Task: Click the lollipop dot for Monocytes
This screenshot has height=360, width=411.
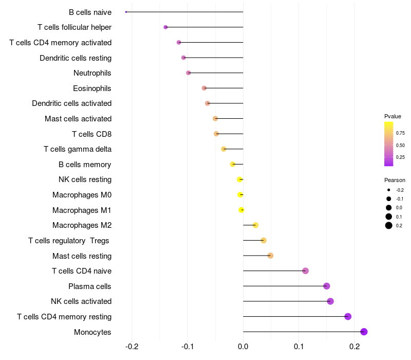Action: point(364,332)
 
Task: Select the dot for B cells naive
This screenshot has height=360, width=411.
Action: point(126,12)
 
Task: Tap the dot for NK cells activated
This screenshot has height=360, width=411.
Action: point(330,301)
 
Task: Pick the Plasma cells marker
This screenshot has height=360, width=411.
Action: point(327,286)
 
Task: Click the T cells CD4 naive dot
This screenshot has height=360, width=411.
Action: point(306,271)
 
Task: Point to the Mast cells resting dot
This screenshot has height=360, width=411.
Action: point(270,256)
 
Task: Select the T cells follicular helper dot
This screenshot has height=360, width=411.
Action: point(165,27)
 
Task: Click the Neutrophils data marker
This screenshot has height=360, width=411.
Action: point(189,73)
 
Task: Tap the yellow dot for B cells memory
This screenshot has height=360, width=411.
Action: point(233,164)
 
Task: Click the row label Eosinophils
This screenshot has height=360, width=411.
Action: point(92,88)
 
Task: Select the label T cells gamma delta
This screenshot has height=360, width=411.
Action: point(78,149)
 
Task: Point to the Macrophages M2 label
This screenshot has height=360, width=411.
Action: point(82,225)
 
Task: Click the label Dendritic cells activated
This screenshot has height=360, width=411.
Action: point(71,103)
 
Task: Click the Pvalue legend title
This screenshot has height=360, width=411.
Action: point(393,116)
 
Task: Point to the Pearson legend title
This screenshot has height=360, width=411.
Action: point(395,180)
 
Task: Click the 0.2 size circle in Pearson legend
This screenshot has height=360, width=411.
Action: point(389,225)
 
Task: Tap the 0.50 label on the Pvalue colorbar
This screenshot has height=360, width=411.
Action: point(400,145)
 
